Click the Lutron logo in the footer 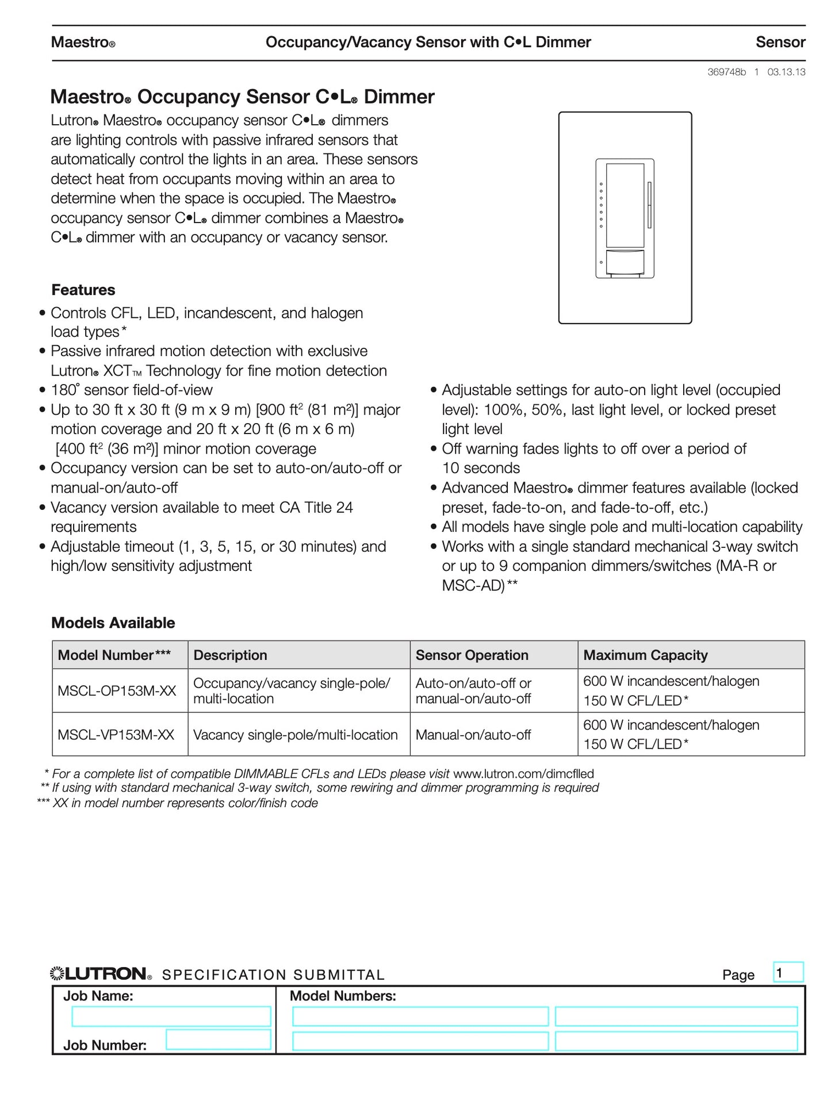click(101, 974)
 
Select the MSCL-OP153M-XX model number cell click(117, 690)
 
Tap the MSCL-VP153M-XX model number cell click(116, 735)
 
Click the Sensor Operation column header click(472, 655)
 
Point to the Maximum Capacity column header click(645, 655)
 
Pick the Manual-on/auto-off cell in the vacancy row click(473, 735)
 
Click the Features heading click(83, 290)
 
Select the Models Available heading click(113, 623)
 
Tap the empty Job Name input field click(171, 1016)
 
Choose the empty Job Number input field click(218, 1039)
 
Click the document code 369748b click(726, 72)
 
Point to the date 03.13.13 click(786, 72)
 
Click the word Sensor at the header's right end click(780, 42)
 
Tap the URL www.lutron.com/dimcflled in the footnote click(523, 774)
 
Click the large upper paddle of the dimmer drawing click(625, 205)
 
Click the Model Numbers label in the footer click(343, 996)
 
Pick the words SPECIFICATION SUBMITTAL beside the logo click(273, 975)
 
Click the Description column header click(230, 655)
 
